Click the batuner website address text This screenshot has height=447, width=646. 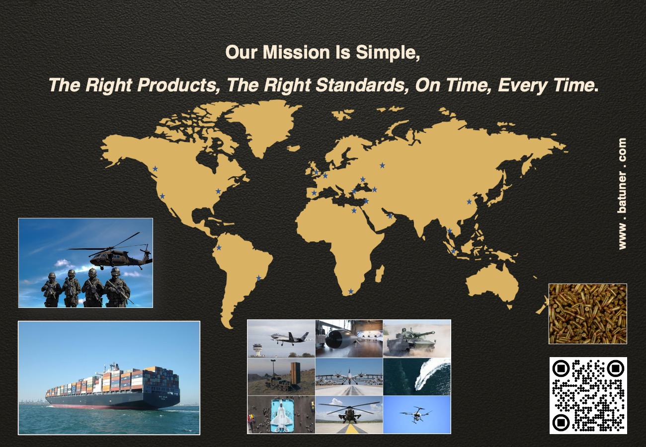click(x=622, y=194)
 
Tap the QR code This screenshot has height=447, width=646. click(x=588, y=395)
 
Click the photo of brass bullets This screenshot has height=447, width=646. click(x=587, y=313)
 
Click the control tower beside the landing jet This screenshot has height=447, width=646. click(x=257, y=349)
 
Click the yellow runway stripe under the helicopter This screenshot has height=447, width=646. click(x=351, y=428)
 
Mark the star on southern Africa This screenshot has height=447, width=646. click(x=351, y=292)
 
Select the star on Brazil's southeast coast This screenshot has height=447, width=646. click(x=258, y=278)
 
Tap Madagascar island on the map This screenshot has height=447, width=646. click(x=379, y=274)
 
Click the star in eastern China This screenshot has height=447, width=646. click(x=469, y=202)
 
